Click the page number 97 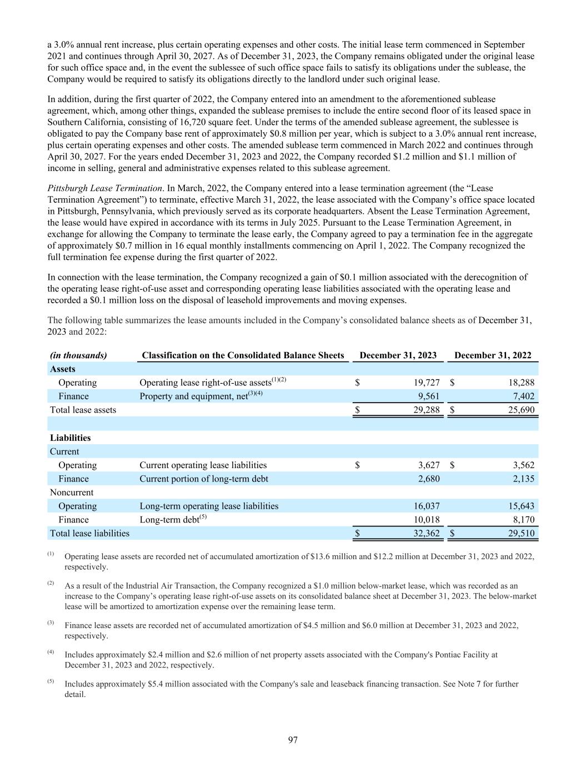point(293,739)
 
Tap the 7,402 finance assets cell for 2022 point(523,396)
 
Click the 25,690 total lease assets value point(520,410)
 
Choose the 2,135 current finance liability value point(523,479)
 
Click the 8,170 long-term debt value point(523,520)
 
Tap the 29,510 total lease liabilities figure point(520,533)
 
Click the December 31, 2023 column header point(398,355)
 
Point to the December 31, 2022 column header point(493,355)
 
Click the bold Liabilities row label point(70,438)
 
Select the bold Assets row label point(63,369)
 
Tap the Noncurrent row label point(72,492)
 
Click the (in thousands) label point(78,355)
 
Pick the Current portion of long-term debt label point(203,479)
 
